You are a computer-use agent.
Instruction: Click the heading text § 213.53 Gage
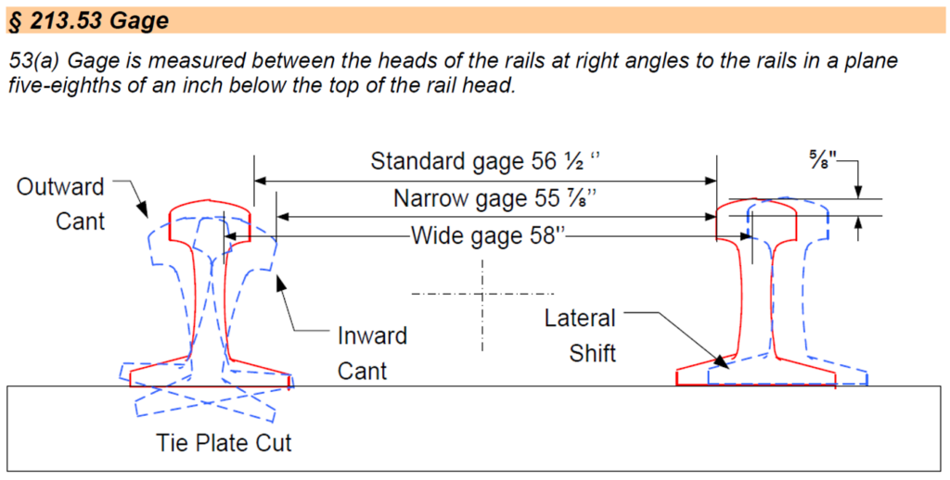[87, 22]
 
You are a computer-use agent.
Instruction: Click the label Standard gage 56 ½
[485, 161]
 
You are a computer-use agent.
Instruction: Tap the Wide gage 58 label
[488, 235]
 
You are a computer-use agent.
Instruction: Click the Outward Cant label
[60, 204]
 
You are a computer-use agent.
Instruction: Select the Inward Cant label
[372, 353]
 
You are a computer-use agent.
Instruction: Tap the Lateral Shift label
[580, 335]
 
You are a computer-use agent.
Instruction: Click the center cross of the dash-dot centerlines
[482, 294]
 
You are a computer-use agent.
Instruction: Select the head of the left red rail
[211, 221]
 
